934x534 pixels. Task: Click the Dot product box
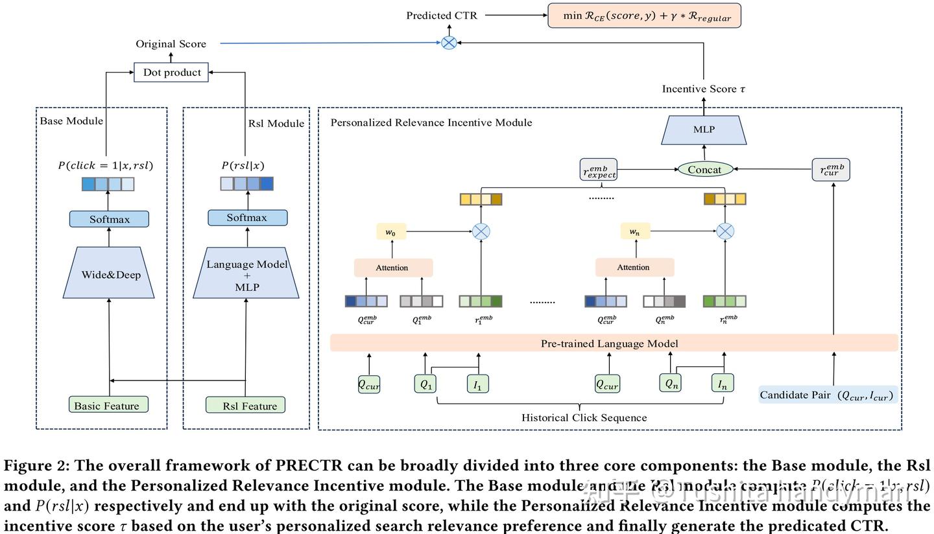click(171, 72)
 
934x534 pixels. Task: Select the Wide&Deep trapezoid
click(109, 273)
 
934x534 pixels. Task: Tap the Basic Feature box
click(108, 405)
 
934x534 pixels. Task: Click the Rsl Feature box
click(246, 405)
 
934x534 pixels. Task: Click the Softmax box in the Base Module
click(109, 219)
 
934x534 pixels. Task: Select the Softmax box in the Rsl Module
click(247, 218)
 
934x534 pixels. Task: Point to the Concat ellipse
click(705, 169)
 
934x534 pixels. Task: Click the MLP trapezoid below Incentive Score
click(704, 130)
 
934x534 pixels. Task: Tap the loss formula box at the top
click(644, 16)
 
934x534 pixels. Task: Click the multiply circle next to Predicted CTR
click(449, 43)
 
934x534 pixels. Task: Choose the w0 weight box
click(391, 231)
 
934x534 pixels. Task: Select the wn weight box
click(635, 231)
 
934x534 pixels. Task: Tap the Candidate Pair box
click(828, 395)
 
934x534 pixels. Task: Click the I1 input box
click(477, 384)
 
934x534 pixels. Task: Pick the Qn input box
click(671, 383)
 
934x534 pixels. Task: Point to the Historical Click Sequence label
click(584, 417)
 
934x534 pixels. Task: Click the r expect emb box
click(598, 170)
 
